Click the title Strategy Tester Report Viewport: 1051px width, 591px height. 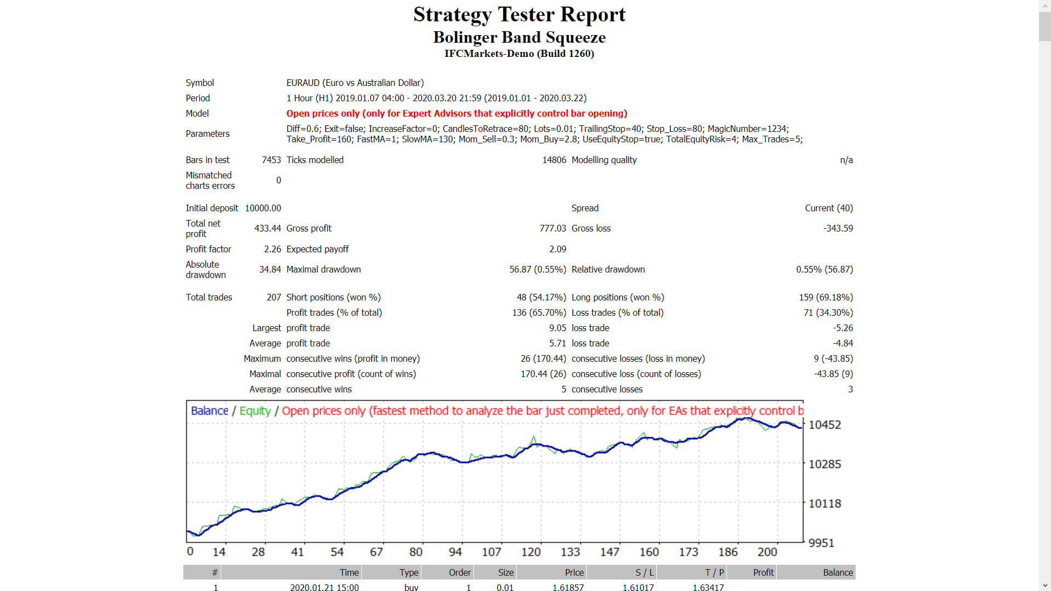pos(519,15)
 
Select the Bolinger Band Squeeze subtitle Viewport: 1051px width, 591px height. pos(519,37)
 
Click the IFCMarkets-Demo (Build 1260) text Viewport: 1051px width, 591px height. pos(519,54)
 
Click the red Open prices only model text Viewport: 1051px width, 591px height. pos(457,113)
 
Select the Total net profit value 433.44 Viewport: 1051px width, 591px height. pos(267,228)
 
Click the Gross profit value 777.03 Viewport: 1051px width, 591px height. pos(552,228)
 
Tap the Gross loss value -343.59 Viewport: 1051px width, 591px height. pos(838,228)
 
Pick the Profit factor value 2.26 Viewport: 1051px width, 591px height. pos(272,249)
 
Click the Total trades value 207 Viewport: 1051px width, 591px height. pos(274,297)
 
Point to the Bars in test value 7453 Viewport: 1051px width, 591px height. pos(271,160)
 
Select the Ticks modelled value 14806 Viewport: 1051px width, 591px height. pos(554,160)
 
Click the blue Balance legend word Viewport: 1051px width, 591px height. pos(209,411)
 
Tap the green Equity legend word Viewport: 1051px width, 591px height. pos(255,411)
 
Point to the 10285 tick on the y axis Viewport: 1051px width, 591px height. pos(824,464)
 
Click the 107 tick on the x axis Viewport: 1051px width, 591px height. pos(491,552)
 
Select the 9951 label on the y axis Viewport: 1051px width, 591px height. pos(821,543)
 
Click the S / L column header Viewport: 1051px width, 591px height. pos(644,572)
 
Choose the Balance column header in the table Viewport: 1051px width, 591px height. pos(838,572)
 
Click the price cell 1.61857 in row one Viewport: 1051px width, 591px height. pos(568,587)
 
